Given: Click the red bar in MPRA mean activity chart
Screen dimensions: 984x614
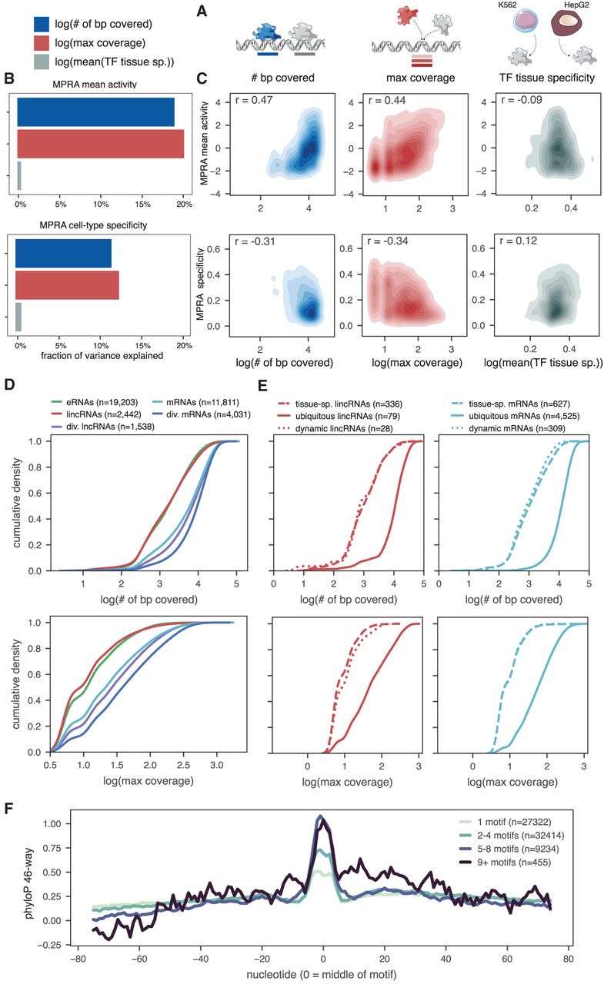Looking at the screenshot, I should pos(100,144).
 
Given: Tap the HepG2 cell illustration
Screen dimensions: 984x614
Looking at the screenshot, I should pos(573,38).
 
